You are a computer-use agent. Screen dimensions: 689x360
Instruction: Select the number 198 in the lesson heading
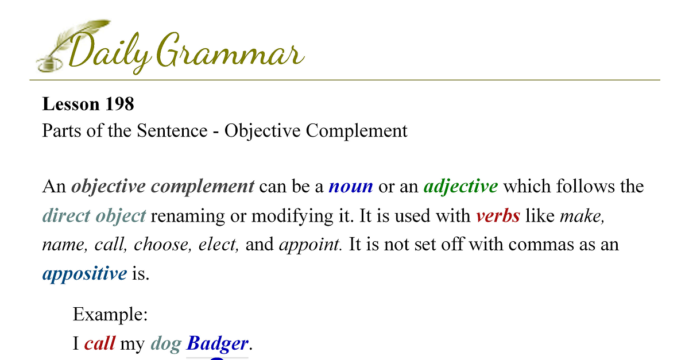click(x=119, y=104)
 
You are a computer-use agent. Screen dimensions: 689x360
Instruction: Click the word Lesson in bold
click(x=71, y=104)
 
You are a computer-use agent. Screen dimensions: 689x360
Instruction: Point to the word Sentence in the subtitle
click(x=172, y=130)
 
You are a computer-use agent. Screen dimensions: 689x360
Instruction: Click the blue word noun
click(x=351, y=187)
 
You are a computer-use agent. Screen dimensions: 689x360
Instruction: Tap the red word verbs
click(x=498, y=216)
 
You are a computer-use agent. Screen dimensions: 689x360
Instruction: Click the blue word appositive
click(x=84, y=274)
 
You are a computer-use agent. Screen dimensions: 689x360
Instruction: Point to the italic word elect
click(x=218, y=245)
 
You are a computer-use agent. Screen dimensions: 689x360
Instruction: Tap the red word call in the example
click(x=100, y=343)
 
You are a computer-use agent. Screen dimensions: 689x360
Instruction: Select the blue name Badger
click(x=217, y=344)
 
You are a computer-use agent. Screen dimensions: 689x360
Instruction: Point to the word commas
click(x=541, y=245)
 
